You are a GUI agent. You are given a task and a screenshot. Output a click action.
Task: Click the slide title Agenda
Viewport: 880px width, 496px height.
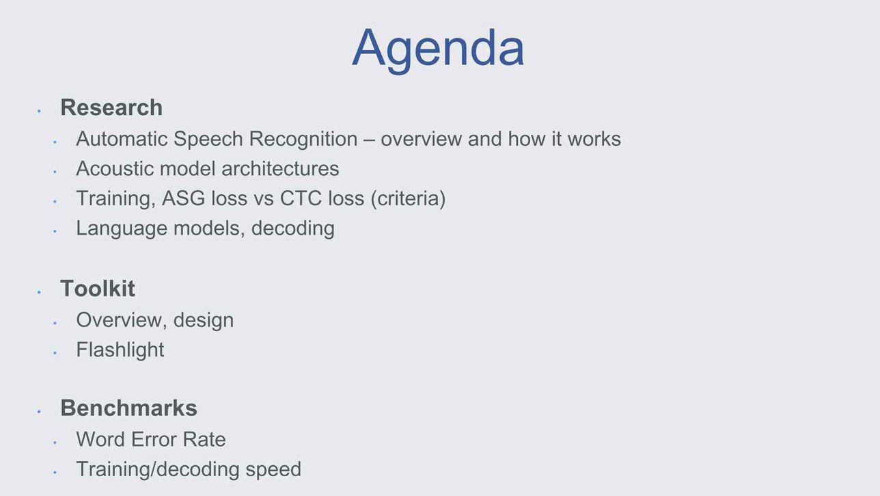tap(438, 49)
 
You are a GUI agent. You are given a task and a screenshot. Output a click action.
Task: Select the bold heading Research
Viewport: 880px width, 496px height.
tap(111, 107)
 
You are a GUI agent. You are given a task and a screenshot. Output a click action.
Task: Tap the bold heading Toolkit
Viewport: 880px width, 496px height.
tap(98, 288)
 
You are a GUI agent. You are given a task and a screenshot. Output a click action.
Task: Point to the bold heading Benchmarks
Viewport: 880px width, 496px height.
tap(128, 408)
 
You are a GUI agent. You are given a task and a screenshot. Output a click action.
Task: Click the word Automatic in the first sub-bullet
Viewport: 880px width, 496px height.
tap(122, 139)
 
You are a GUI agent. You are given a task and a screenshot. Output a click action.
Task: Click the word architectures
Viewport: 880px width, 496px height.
tap(280, 169)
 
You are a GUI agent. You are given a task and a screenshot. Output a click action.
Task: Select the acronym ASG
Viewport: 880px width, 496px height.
tap(184, 198)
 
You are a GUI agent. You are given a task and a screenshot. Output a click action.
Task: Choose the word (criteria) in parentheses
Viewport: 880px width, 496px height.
tap(408, 198)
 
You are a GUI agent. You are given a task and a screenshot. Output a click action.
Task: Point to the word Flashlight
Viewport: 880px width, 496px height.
tap(120, 350)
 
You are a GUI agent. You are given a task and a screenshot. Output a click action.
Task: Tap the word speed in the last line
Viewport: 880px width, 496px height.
tap(273, 470)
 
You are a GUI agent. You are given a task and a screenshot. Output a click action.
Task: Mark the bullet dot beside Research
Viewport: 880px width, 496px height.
tap(39, 112)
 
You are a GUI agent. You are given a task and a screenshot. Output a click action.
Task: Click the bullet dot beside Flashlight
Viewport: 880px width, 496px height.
tap(55, 353)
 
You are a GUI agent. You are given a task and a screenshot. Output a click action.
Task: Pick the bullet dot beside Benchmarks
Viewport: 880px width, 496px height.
tap(39, 411)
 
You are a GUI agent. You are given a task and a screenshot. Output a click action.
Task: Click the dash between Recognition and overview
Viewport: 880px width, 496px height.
tap(369, 140)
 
